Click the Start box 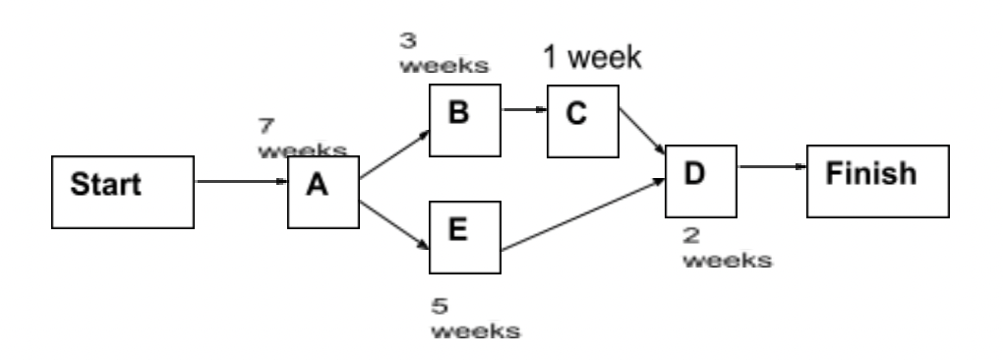click(122, 185)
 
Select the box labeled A click(319, 191)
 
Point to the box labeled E click(465, 236)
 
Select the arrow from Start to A click(242, 182)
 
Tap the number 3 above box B click(406, 42)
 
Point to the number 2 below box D click(691, 239)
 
